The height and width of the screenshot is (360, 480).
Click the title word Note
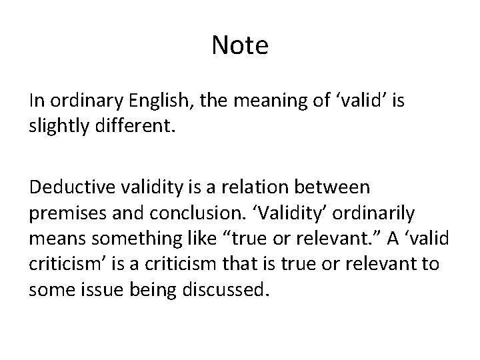(240, 45)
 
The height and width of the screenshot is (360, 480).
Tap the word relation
(254, 189)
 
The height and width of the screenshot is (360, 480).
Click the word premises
(63, 213)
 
